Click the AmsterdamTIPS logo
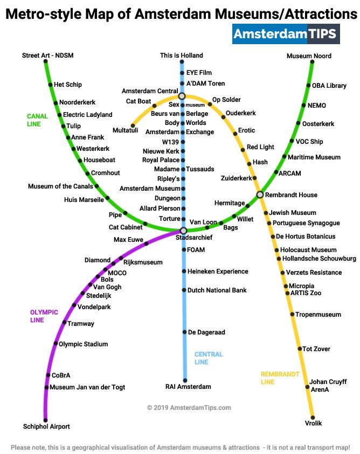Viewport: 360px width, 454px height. point(286,33)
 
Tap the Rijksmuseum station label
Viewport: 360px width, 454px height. point(143,262)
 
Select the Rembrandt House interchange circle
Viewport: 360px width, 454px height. point(260,194)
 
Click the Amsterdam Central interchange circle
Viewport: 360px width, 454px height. point(182,96)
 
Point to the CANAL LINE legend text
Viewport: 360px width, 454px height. point(37,120)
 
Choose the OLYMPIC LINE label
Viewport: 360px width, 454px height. point(44,316)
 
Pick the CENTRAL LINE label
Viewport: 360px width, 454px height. point(209,358)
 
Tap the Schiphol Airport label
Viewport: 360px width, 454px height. point(46,427)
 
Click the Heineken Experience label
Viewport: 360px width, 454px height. point(218,271)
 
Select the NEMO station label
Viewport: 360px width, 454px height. point(316,106)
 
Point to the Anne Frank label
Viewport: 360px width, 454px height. point(88,137)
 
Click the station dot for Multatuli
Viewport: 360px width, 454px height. point(133,125)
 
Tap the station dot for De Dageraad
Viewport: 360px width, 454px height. point(184,332)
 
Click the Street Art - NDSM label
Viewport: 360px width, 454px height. point(49,55)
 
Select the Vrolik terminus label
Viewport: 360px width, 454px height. point(313,423)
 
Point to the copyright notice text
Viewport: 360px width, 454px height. point(189,408)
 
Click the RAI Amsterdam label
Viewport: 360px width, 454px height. point(188,387)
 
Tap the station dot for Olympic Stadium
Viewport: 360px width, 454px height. point(55,344)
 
